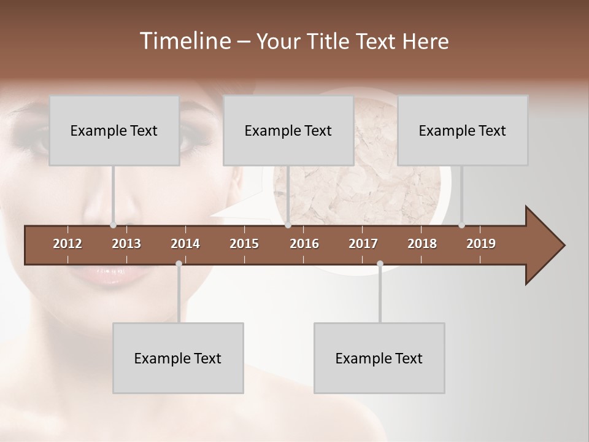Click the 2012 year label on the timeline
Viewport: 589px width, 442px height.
[67, 244]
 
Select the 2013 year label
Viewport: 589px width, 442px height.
[126, 244]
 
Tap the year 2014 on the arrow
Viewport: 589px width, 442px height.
[185, 244]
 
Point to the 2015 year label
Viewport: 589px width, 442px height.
[244, 244]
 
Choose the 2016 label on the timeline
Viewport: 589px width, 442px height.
[304, 244]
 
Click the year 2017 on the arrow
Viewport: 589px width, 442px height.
[363, 244]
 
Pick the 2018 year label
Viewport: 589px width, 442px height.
[422, 244]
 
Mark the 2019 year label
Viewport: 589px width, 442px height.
[481, 244]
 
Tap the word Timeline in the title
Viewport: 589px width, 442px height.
[183, 41]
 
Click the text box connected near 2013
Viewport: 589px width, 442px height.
[114, 130]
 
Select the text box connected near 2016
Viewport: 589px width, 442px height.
[288, 130]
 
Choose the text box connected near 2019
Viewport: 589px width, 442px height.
[463, 130]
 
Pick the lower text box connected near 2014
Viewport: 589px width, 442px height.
[178, 358]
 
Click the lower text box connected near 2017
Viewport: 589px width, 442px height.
[379, 358]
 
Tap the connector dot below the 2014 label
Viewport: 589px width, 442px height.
[179, 264]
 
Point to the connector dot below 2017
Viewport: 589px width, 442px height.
[380, 264]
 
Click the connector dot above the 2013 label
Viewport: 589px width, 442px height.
[114, 225]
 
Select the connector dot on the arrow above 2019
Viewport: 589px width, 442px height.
[461, 225]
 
